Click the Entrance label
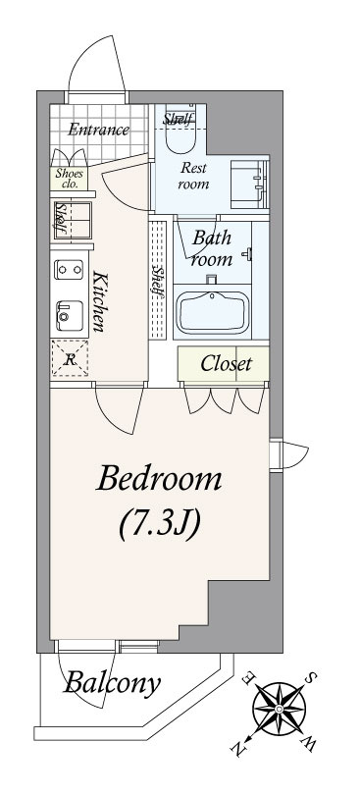pyautogui.click(x=98, y=130)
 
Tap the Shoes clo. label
pyautogui.click(x=69, y=178)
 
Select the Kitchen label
pyautogui.click(x=100, y=301)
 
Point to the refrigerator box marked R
pyautogui.click(x=70, y=358)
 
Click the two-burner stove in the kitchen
pyautogui.click(x=69, y=269)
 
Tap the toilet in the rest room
pyautogui.click(x=180, y=129)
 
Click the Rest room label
pyautogui.click(x=193, y=176)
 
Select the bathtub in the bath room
pyautogui.click(x=213, y=312)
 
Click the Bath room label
pyautogui.click(x=212, y=248)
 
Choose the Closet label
pyautogui.click(x=227, y=363)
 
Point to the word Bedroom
pyautogui.click(x=159, y=478)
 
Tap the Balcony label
pyautogui.click(x=112, y=683)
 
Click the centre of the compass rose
pyautogui.click(x=280, y=708)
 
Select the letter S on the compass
pyautogui.click(x=313, y=678)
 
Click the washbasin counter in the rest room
pyautogui.click(x=249, y=185)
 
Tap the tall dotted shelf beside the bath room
pyautogui.click(x=158, y=280)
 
